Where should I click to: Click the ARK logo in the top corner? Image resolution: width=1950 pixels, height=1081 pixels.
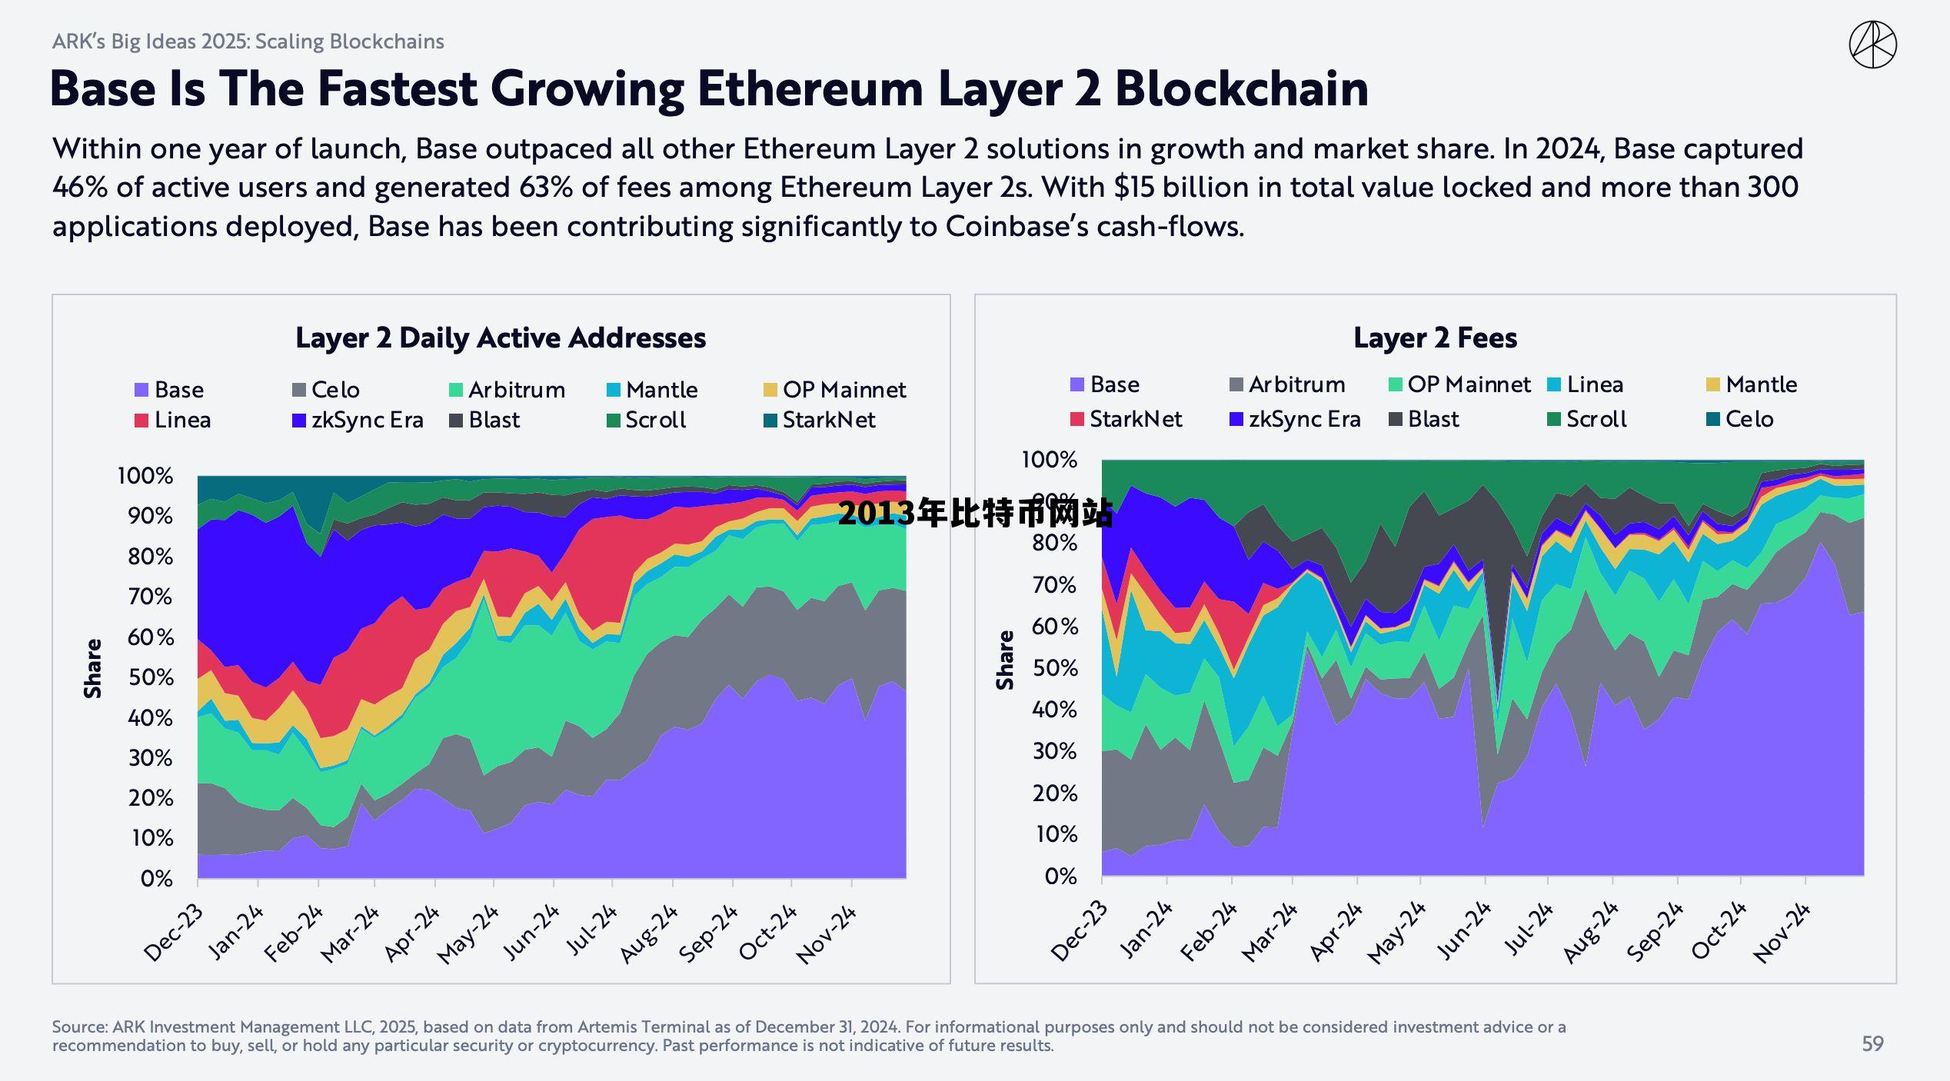(1872, 45)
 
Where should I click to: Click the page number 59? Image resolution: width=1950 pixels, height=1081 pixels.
(1872, 1043)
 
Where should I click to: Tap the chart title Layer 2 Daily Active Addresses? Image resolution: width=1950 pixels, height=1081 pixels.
(501, 338)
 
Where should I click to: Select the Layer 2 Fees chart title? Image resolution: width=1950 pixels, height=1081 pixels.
(1435, 338)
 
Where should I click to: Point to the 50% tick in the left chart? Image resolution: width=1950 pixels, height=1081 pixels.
(151, 677)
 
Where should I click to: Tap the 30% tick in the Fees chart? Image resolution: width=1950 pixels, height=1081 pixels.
(1054, 751)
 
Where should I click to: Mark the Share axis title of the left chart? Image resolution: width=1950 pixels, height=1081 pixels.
(93, 668)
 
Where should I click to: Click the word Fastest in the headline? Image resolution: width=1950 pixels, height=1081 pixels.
(397, 88)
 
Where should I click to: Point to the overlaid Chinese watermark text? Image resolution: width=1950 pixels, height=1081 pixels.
(975, 513)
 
